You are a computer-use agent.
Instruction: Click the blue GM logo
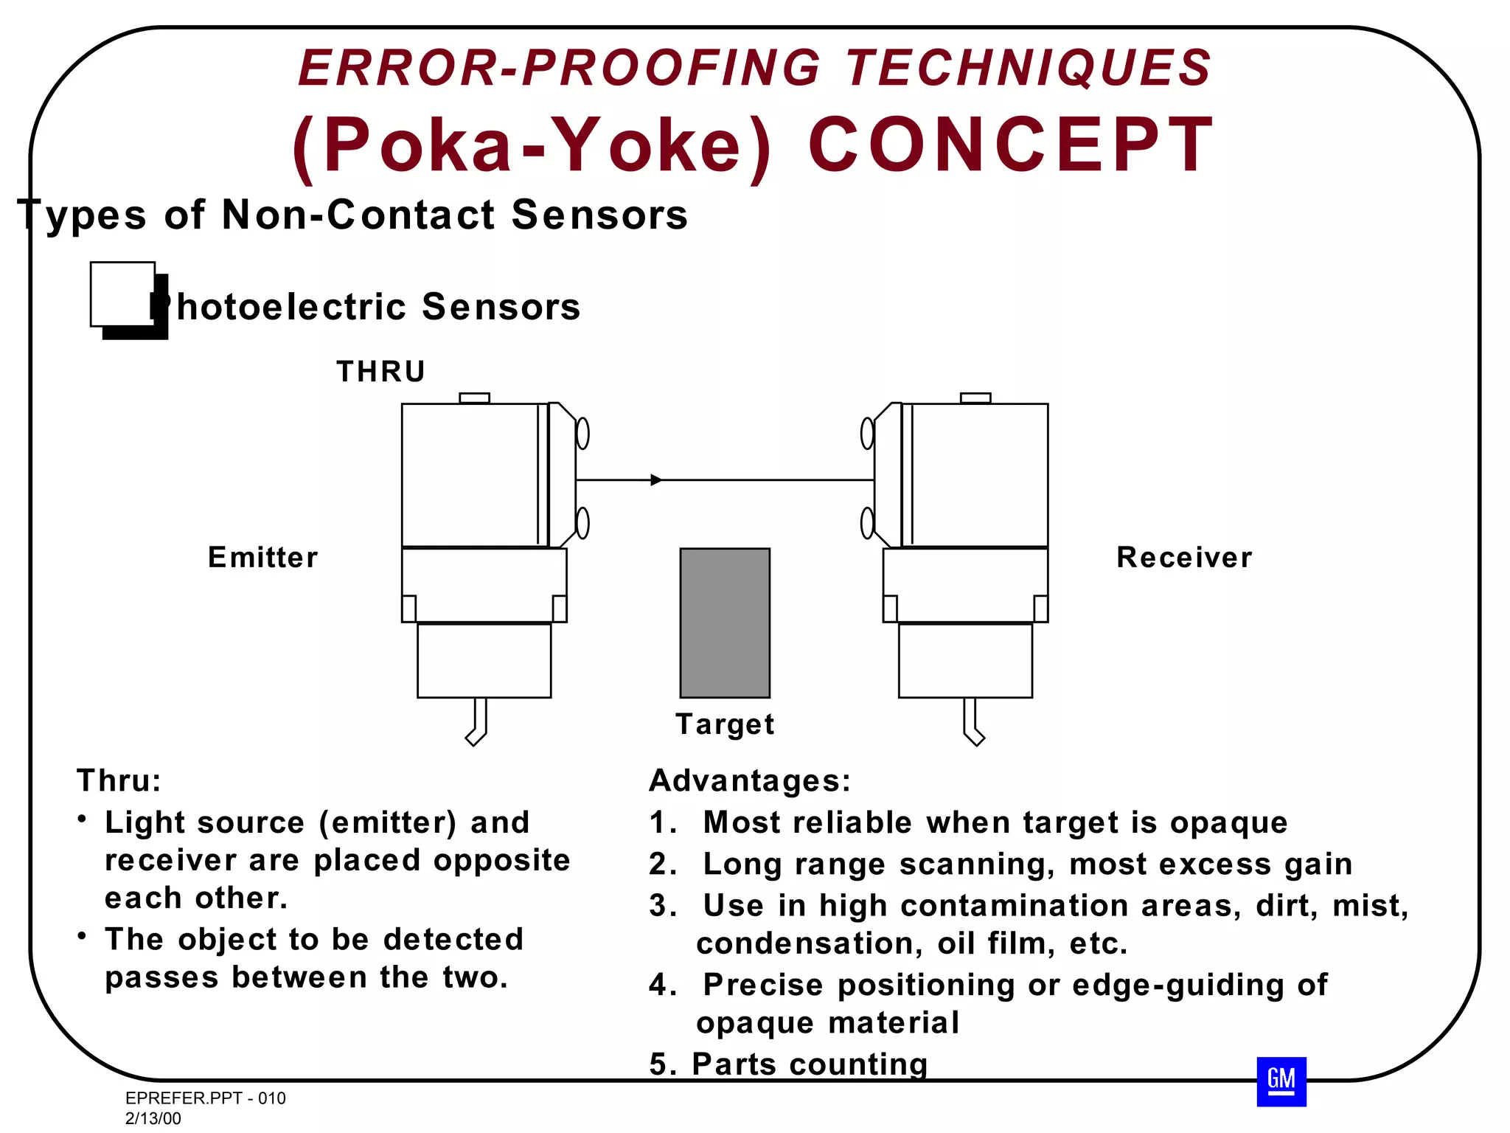(1281, 1081)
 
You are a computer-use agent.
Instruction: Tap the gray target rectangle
(724, 623)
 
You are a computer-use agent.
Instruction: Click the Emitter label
(262, 557)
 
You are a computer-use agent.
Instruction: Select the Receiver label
(1183, 557)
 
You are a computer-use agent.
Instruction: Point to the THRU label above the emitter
(380, 371)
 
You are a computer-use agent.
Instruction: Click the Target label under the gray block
(724, 724)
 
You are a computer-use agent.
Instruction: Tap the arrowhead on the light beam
(655, 480)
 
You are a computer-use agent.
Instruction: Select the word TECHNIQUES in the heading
(1028, 68)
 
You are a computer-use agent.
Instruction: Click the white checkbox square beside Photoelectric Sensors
(122, 294)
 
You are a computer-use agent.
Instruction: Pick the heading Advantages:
(750, 780)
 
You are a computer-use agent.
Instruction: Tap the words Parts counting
(809, 1064)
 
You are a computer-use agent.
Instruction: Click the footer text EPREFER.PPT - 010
(205, 1098)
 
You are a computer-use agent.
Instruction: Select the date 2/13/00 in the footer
(153, 1118)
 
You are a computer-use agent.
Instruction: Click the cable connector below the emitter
(478, 723)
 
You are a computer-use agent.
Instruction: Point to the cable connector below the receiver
(973, 723)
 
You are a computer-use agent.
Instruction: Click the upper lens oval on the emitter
(582, 433)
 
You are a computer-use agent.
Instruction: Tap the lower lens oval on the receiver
(867, 523)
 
